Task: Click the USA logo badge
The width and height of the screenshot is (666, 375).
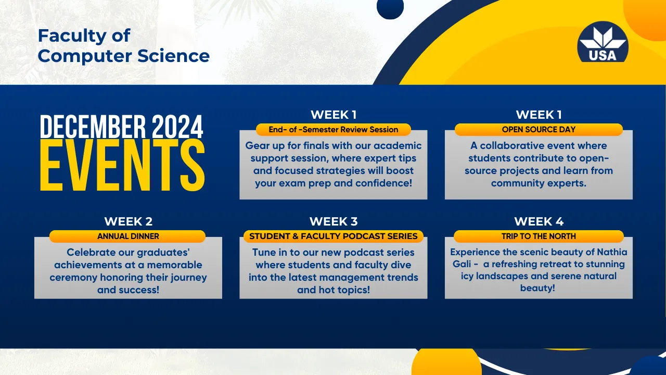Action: click(603, 42)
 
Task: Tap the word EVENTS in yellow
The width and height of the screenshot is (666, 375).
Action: click(122, 166)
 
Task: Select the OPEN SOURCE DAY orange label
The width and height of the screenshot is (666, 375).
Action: click(539, 130)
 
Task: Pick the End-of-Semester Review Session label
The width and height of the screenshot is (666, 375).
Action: click(334, 130)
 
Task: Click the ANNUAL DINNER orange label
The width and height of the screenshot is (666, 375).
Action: click(128, 236)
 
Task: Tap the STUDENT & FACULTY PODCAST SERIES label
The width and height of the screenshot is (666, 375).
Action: click(334, 236)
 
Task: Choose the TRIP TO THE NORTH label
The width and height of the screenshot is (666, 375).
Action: click(539, 236)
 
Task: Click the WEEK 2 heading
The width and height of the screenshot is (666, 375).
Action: click(128, 221)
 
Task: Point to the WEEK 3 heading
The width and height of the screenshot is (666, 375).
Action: click(334, 221)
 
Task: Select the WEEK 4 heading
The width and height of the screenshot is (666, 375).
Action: click(539, 221)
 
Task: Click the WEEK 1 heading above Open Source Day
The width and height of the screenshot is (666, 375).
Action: click(539, 115)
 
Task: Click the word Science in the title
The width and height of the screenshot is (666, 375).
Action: click(173, 56)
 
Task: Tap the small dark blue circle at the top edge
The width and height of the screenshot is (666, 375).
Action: click(390, 8)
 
